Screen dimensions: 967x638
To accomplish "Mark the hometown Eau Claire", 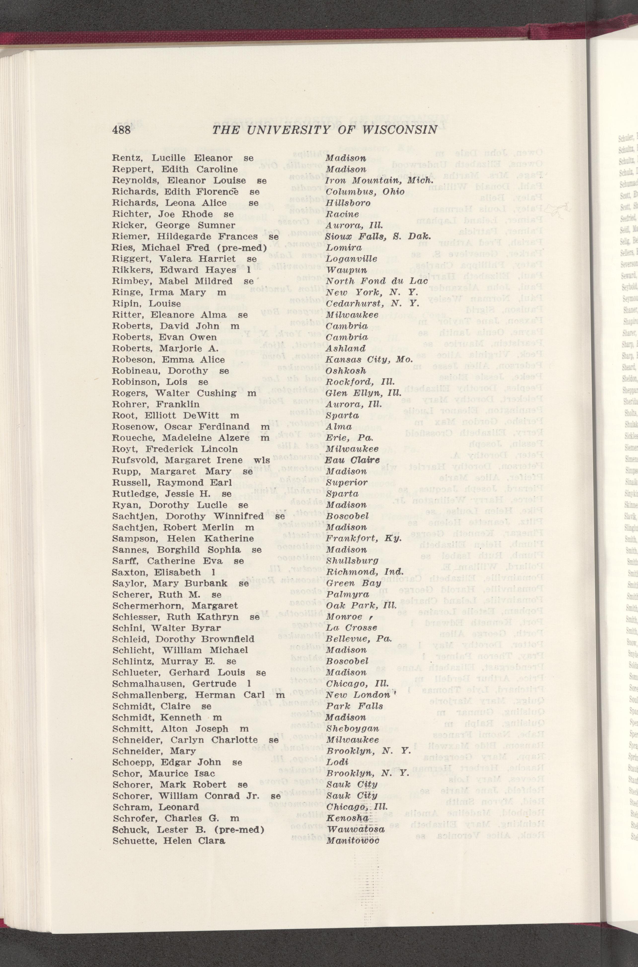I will tap(352, 460).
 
